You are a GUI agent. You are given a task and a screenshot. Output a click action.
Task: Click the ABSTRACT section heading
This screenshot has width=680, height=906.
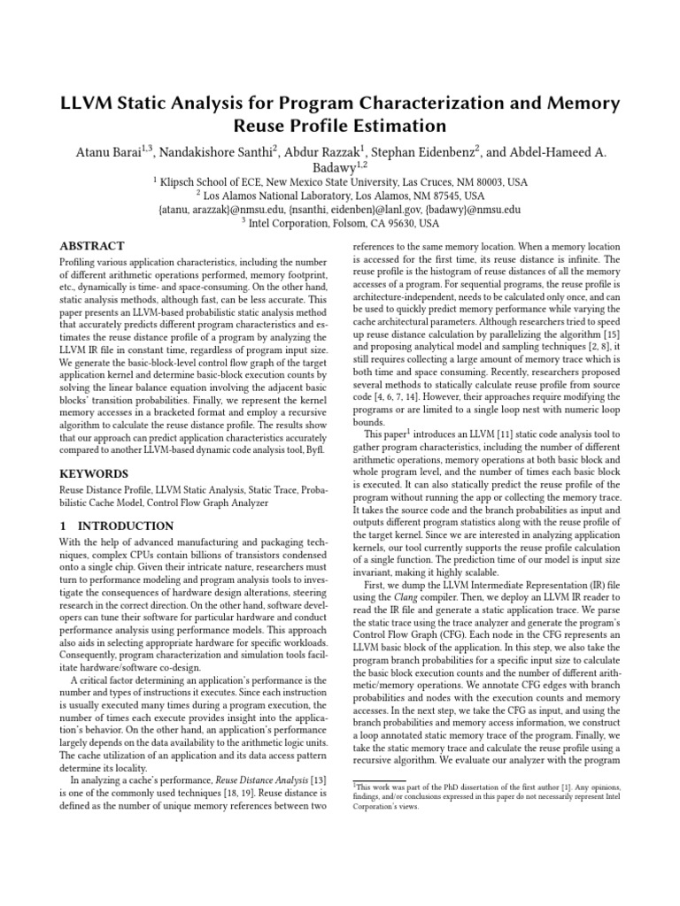(x=91, y=246)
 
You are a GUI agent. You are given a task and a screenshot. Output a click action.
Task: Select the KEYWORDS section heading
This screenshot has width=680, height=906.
(x=92, y=474)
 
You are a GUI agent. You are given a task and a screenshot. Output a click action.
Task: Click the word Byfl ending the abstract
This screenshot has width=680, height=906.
(x=315, y=449)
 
